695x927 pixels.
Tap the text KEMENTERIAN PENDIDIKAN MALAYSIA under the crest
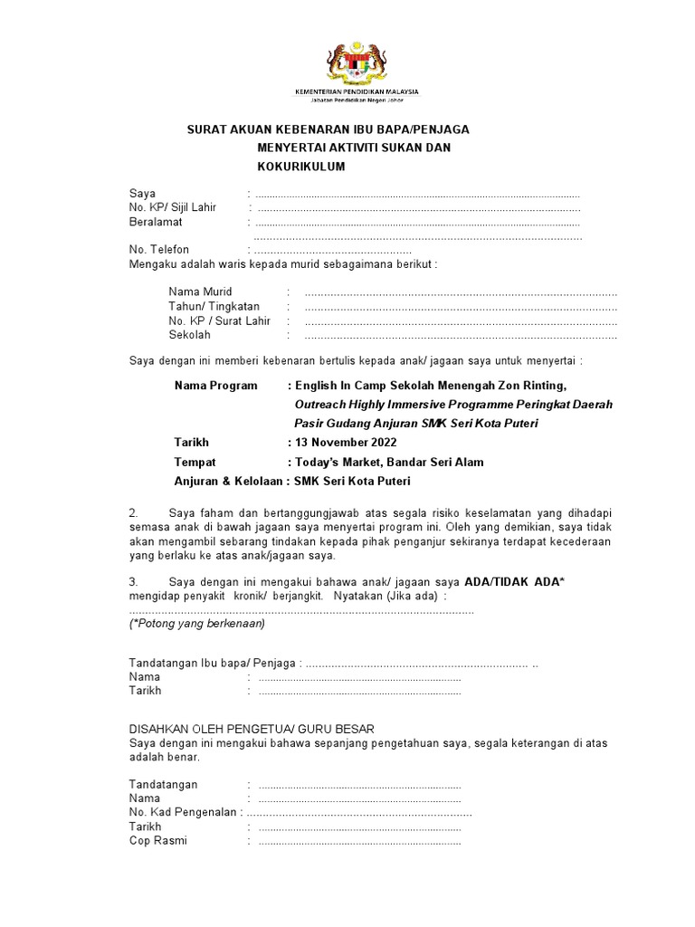tap(357, 92)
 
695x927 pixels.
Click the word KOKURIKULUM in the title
tap(301, 167)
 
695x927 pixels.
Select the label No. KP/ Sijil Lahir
tap(173, 207)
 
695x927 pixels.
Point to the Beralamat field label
tap(156, 222)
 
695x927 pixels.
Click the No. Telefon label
tap(159, 250)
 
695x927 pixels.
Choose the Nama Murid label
tap(200, 291)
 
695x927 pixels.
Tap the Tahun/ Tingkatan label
tap(214, 306)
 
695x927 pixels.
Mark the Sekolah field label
tap(189, 335)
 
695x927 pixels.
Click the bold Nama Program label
tap(216, 386)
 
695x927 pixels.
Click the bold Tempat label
tap(195, 462)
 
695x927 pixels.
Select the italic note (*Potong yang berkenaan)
tap(197, 624)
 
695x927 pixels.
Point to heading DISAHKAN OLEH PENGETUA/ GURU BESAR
tap(252, 729)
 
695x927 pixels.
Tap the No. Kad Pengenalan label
tap(184, 813)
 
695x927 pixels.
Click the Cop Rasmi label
tap(158, 841)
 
